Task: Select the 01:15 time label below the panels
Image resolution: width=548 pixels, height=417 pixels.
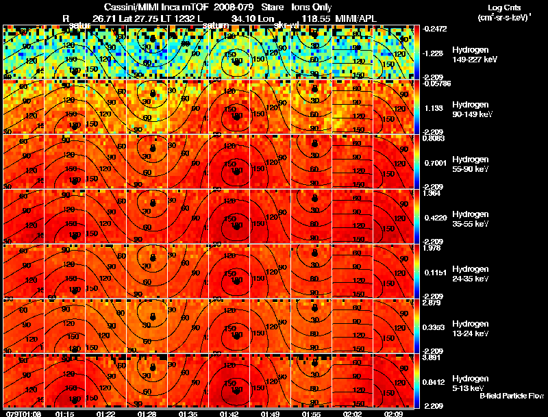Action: pyautogui.click(x=65, y=413)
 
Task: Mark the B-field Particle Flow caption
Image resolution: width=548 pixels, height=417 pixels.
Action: pyautogui.click(x=512, y=396)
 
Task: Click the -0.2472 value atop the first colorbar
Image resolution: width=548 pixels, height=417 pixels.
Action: pyautogui.click(x=434, y=29)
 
